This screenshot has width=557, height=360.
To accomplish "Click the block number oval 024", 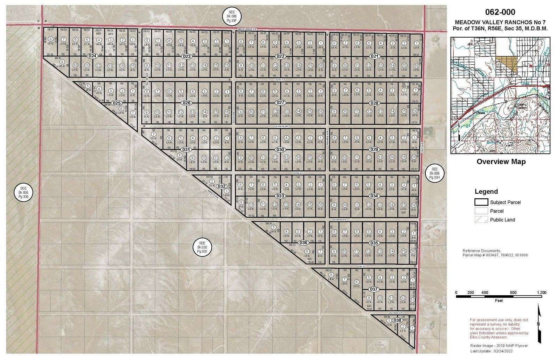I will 92,56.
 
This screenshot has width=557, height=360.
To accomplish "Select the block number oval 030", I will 280,150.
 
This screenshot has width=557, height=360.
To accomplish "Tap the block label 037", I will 374,289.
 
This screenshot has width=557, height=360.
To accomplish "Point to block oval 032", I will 221,186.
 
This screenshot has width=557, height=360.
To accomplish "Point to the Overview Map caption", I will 501,162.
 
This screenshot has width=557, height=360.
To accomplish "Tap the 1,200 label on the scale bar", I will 542,292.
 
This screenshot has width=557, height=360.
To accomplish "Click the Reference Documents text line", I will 481,250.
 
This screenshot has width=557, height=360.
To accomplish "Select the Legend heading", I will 487,191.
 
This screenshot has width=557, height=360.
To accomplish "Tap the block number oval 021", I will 374,56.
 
